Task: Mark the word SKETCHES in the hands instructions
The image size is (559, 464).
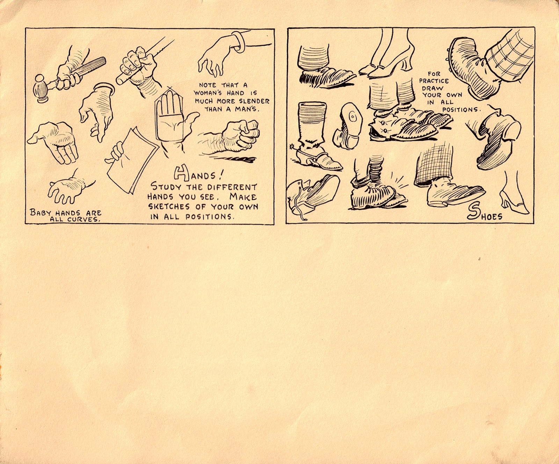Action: point(167,206)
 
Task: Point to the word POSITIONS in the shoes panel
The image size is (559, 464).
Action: point(464,109)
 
